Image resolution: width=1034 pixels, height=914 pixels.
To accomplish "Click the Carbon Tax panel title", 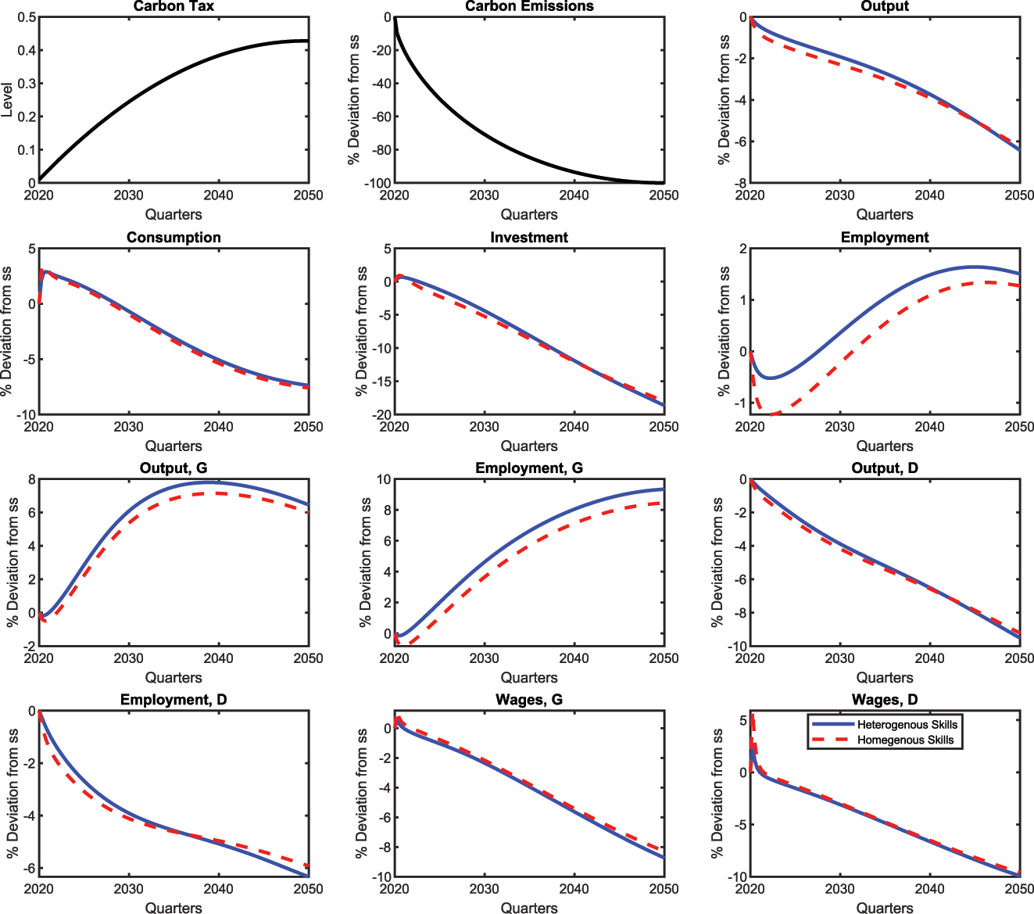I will coord(174,6).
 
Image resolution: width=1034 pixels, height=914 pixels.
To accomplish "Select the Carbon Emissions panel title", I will coord(529,6).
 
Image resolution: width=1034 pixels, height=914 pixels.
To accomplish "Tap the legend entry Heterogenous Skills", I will coord(907,724).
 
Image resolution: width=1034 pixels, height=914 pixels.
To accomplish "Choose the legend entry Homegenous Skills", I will coord(905,740).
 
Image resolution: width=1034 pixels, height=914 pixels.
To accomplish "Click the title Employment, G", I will coord(529,468).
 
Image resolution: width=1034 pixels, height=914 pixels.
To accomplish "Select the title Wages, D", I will coord(885,700).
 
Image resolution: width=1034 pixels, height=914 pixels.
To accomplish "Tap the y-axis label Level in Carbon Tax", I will coord(8,100).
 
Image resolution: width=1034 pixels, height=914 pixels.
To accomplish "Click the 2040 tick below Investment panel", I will coord(574,427).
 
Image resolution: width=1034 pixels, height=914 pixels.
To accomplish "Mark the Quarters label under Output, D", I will coord(885,677).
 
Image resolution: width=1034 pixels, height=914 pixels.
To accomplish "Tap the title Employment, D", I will coord(174,700).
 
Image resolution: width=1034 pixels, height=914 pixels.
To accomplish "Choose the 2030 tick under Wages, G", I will coord(485,889).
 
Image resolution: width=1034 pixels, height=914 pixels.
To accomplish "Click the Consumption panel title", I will coord(174,238).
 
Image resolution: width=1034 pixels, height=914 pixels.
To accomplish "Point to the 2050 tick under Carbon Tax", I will coord(308,195).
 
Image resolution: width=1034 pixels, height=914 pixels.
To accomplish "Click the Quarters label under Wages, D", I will coord(885,908).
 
